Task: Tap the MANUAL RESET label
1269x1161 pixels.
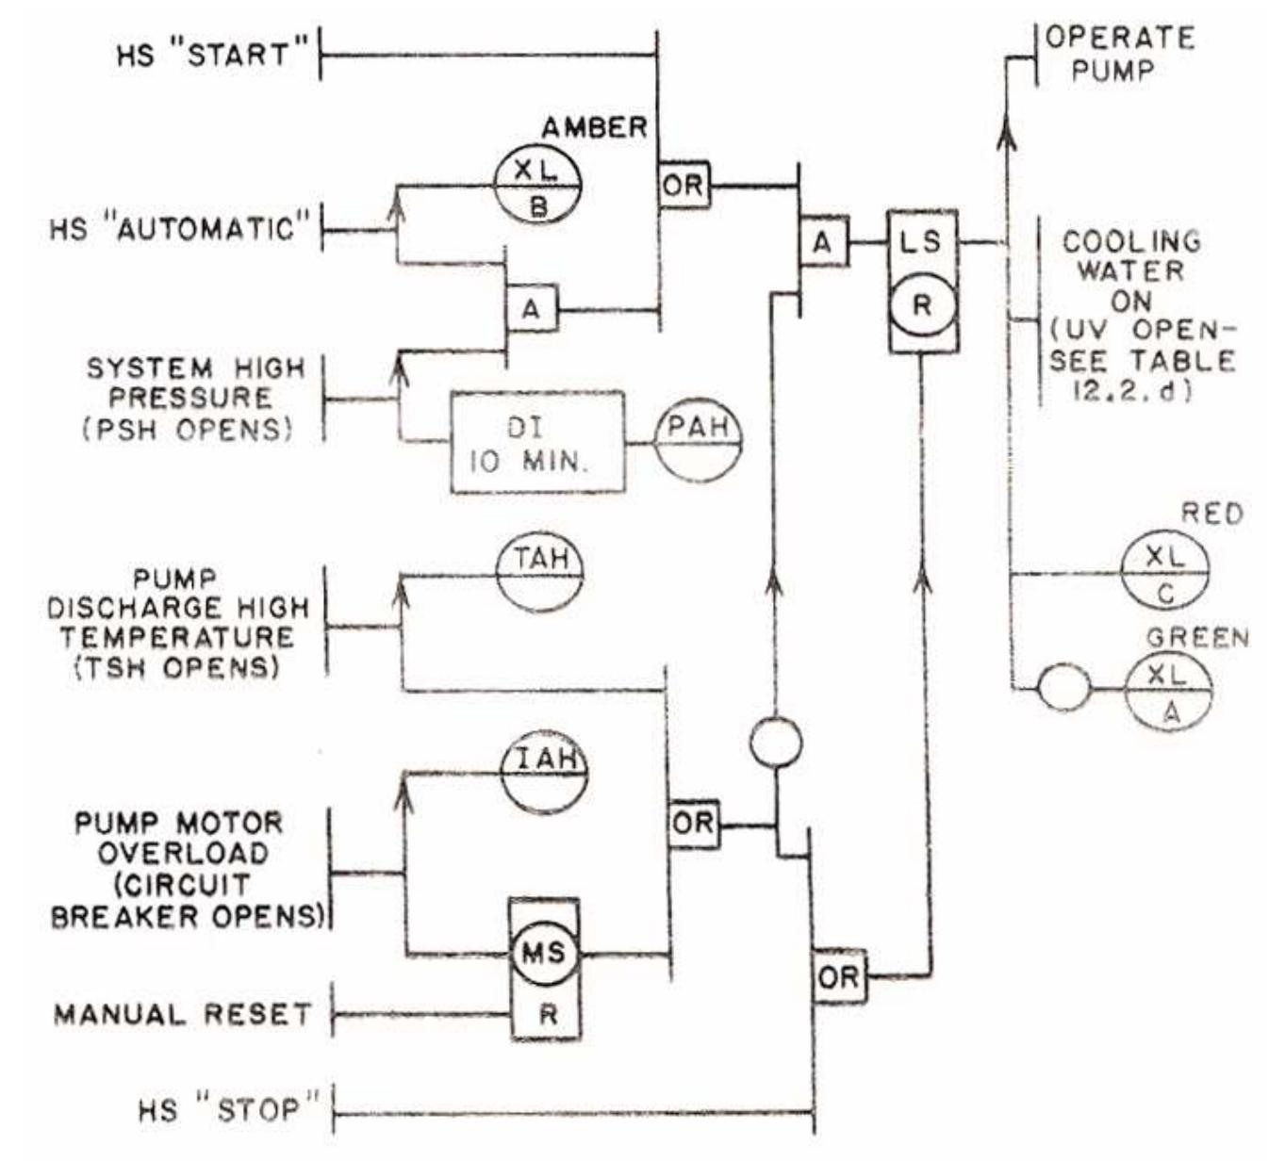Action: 182,1015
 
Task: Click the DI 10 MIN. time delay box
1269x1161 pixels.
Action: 537,443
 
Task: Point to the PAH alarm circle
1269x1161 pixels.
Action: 698,440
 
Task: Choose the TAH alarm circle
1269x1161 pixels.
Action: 540,573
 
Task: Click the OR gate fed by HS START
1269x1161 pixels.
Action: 684,184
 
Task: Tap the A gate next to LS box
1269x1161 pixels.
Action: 823,242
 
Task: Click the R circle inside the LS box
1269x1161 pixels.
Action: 922,306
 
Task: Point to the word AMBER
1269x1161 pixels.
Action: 594,128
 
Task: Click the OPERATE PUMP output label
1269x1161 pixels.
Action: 1117,54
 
